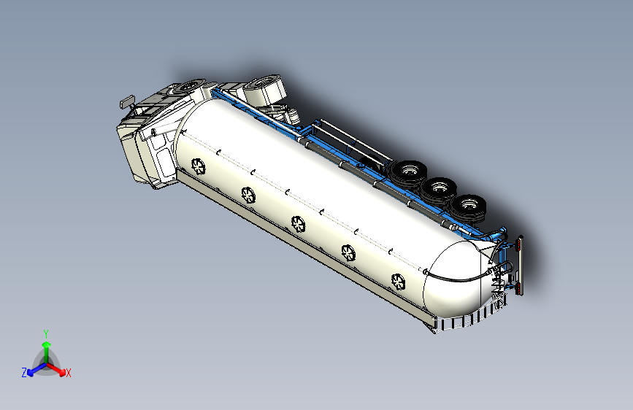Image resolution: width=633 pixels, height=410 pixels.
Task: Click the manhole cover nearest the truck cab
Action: tap(198, 166)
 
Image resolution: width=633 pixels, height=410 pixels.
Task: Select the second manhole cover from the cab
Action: tap(248, 196)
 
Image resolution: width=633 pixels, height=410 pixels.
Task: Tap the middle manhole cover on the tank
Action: tap(299, 224)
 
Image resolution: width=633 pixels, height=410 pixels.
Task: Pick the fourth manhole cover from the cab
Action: tap(348, 253)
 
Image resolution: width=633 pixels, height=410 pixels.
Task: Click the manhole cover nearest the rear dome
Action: tap(399, 282)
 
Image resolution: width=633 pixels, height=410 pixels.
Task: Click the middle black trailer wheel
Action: tap(439, 189)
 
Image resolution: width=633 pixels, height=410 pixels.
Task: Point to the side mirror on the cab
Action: tap(127, 101)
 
